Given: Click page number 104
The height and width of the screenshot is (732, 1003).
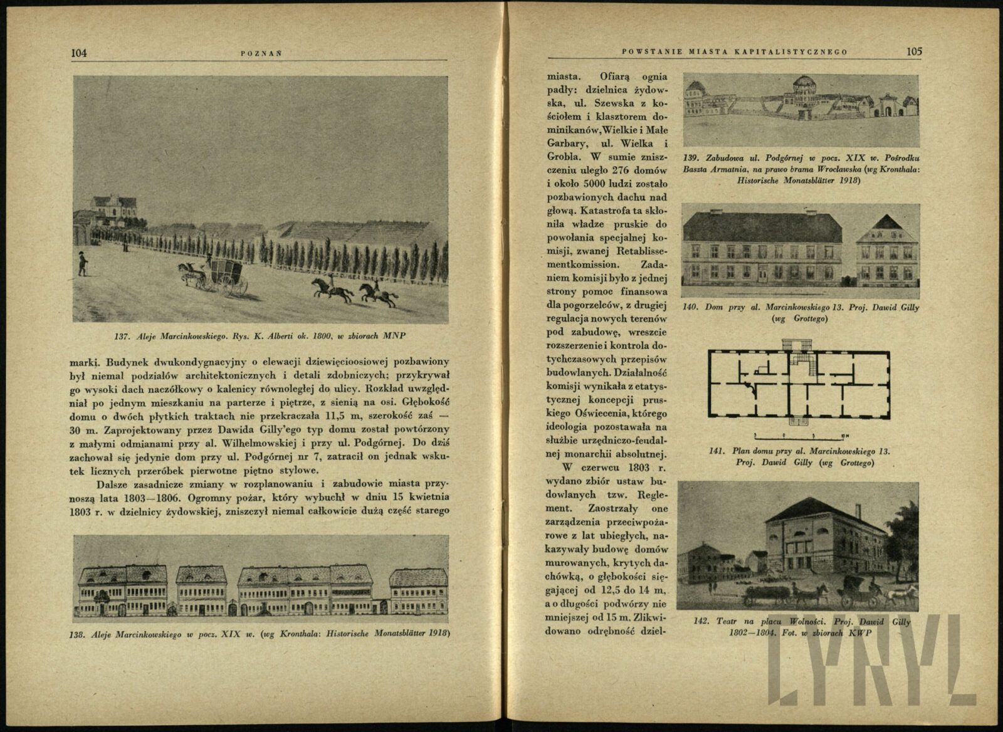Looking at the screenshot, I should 79,53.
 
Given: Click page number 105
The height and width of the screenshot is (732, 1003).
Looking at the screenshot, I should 914,52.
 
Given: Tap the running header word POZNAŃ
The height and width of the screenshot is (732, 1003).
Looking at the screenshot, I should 261,53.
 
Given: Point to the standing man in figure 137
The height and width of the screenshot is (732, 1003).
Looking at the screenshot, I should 82,264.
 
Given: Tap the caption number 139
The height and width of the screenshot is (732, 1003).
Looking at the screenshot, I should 693,157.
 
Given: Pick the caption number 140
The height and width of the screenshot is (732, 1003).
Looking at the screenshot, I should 692,307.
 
